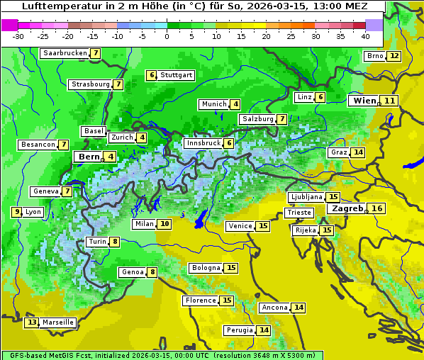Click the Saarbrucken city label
point(65,53)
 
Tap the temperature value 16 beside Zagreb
point(377,208)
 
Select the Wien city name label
point(364,101)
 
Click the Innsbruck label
point(203,143)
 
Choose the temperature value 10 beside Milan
point(164,224)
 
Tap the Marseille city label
point(57,322)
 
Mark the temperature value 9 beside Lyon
point(16,212)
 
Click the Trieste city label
point(298,213)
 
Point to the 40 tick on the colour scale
point(365,35)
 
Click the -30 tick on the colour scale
point(18,35)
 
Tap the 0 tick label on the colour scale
point(167,35)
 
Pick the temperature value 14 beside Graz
point(357,152)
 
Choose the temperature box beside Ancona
point(299,308)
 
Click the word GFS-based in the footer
point(25,355)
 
